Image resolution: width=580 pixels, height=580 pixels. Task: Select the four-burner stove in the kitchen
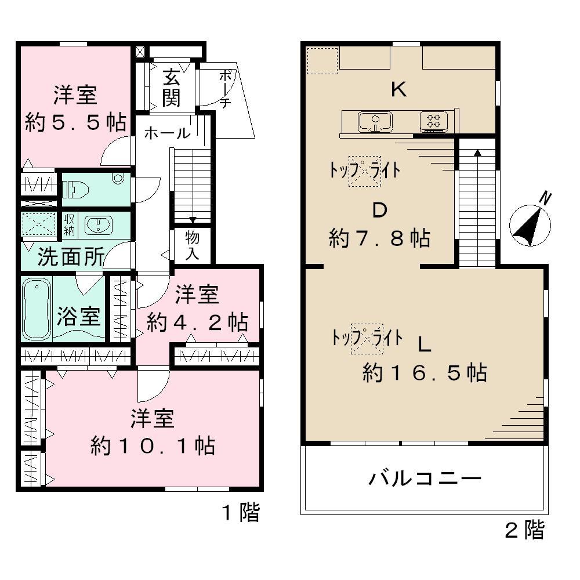coord(433,121)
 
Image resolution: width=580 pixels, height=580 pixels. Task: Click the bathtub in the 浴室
coord(36,309)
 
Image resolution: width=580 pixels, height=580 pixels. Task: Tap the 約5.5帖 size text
coord(75,122)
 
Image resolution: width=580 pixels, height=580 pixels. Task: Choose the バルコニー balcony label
coord(425,479)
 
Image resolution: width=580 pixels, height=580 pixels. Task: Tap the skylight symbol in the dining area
coord(364,171)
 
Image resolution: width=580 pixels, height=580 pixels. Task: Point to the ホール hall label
coord(166,133)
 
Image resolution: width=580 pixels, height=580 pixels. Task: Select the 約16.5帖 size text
coord(424,373)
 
